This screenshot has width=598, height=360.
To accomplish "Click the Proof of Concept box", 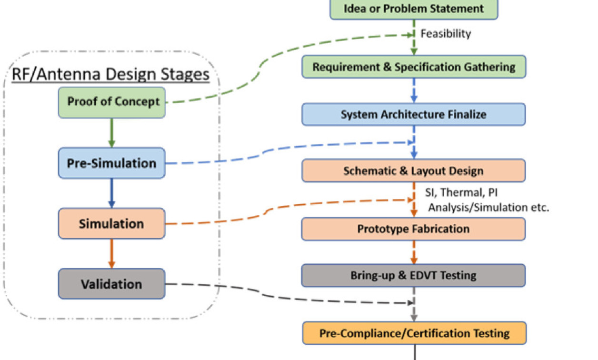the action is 111,102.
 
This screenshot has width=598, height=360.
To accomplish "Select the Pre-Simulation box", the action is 111,163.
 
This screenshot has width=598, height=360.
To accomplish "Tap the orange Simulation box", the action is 111,223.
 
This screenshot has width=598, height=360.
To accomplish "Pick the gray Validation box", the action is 111,284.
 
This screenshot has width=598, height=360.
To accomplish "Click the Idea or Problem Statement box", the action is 414,9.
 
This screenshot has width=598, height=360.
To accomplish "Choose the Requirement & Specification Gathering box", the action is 414,67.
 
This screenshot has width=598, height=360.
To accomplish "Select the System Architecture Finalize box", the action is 414,114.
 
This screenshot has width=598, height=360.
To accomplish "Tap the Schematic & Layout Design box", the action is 414,170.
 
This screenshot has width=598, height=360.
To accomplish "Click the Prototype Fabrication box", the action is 414,229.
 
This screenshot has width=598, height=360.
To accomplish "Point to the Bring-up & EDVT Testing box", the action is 414,275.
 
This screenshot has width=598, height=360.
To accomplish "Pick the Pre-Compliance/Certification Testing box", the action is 414,333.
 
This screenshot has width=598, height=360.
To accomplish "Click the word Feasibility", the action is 446,34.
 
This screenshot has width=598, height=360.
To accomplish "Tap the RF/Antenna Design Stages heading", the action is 110,74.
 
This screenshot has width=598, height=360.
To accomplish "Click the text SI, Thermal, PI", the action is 461,192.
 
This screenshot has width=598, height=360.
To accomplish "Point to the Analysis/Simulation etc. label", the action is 488,208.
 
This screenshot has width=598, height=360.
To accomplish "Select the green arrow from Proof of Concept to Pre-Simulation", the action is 111,133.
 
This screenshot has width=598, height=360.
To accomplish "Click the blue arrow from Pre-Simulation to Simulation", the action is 111,193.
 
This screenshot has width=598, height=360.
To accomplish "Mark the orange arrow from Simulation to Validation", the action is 111,254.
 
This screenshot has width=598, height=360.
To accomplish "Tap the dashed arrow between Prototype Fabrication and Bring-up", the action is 414,252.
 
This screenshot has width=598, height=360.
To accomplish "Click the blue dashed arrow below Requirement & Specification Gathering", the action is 414,90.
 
